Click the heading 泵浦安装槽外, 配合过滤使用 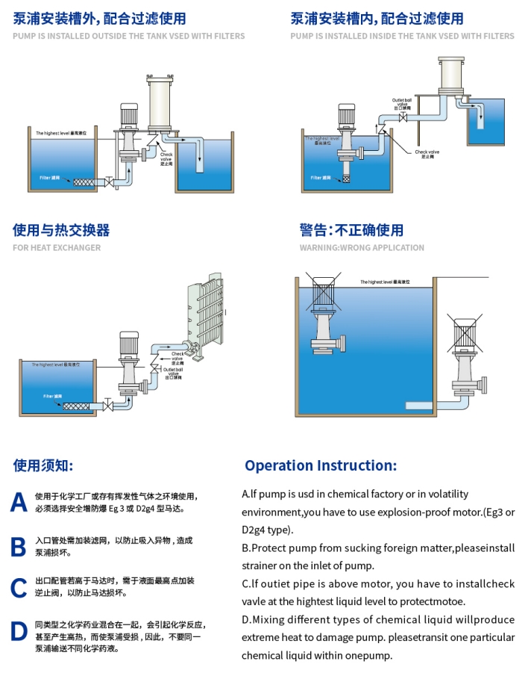coord(99,19)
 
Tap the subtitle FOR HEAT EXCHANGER coord(57,247)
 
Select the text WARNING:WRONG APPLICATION coord(362,247)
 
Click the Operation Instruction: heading coord(321,465)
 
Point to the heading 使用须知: coord(43,465)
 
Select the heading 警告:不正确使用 coord(351,229)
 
